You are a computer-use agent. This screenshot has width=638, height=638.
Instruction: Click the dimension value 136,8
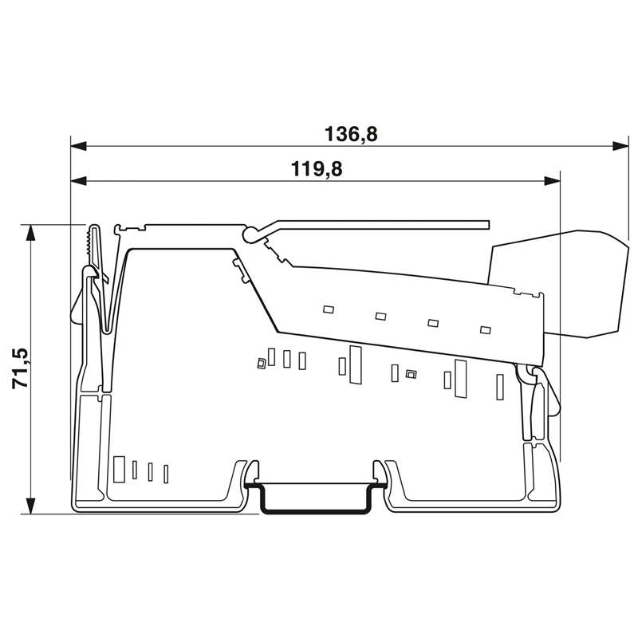tap(351, 134)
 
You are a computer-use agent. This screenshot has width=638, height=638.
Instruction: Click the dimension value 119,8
tap(317, 169)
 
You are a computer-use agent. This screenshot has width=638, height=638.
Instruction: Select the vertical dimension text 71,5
tap(20, 368)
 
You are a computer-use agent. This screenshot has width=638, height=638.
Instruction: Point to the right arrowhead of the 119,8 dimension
tap(553, 181)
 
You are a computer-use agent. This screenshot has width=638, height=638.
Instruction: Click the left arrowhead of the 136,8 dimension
tap(78, 146)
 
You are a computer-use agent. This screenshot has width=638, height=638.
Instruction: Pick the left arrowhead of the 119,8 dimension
tap(78, 181)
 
